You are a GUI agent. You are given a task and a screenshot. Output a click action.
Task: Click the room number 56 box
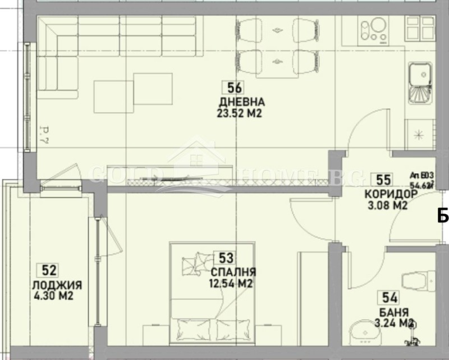tap(235, 88)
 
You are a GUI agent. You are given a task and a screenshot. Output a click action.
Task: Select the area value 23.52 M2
tap(240, 113)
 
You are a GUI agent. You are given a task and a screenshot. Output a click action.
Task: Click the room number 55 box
tap(384, 180)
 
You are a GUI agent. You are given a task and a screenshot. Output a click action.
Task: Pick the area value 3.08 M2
tap(386, 205)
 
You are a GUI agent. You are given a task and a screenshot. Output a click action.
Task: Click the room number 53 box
tap(226, 258)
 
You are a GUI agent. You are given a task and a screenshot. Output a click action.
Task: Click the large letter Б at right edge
tap(443, 215)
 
